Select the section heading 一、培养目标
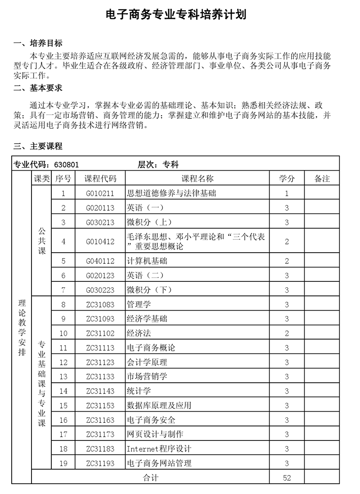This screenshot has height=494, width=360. click(x=38, y=43)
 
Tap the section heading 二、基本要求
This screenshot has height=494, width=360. click(x=38, y=87)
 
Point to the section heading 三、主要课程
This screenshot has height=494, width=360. click(x=38, y=146)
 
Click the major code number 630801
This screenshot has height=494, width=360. click(x=66, y=165)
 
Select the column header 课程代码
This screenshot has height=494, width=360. click(x=100, y=179)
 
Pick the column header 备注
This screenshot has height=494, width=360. click(x=322, y=179)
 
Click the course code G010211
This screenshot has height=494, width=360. click(x=100, y=194)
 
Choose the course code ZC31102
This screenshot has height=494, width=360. click(x=100, y=334)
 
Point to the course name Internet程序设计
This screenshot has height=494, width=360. click(x=159, y=449)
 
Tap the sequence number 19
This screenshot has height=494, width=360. click(x=63, y=463)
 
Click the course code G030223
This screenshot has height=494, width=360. click(x=100, y=290)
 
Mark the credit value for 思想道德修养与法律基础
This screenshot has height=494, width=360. click(x=287, y=194)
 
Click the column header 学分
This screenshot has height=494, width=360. click(x=287, y=179)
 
